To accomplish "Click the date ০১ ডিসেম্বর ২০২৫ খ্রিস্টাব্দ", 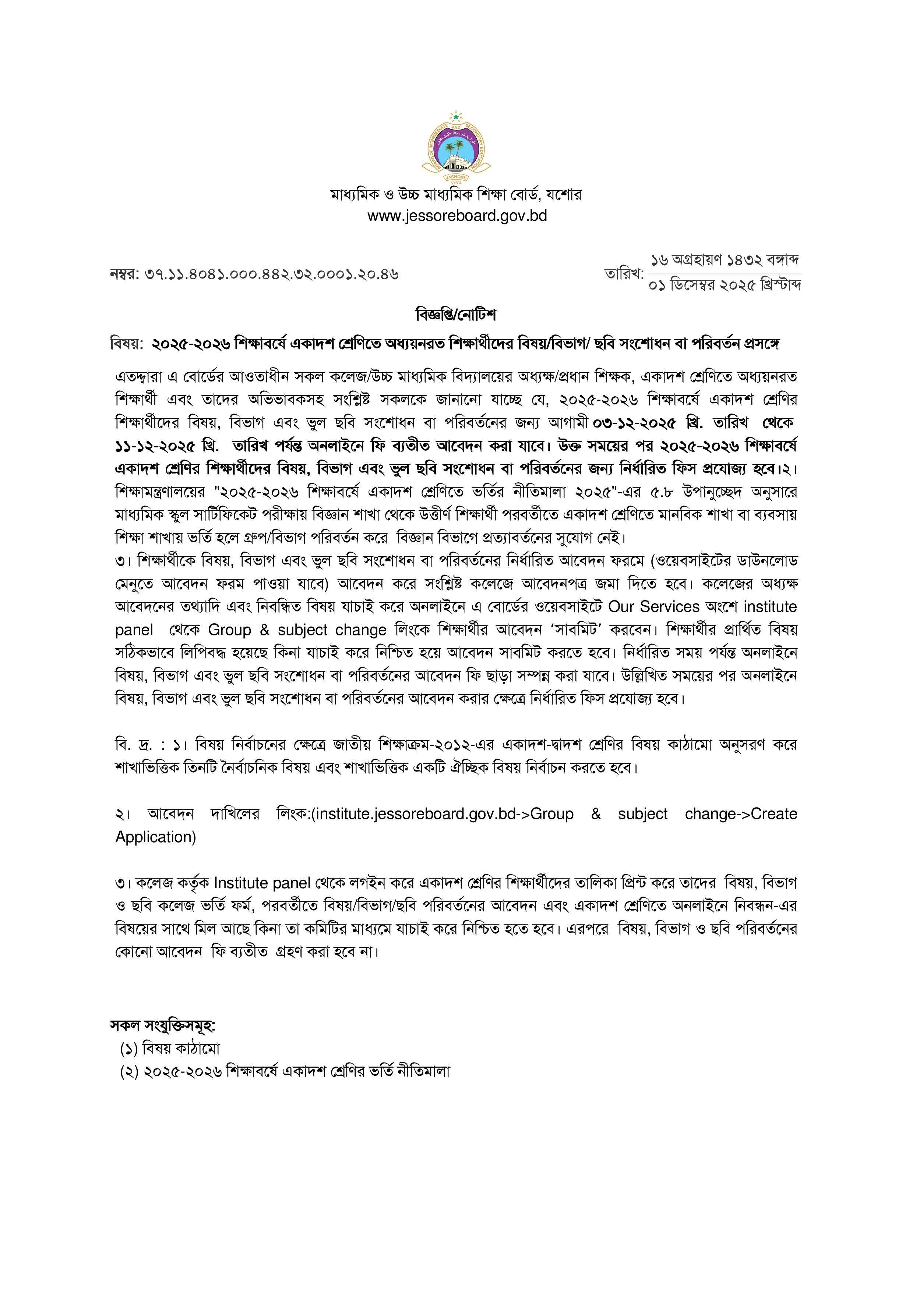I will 725,285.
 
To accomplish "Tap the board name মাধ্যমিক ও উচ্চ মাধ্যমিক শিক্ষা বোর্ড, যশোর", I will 456,195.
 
